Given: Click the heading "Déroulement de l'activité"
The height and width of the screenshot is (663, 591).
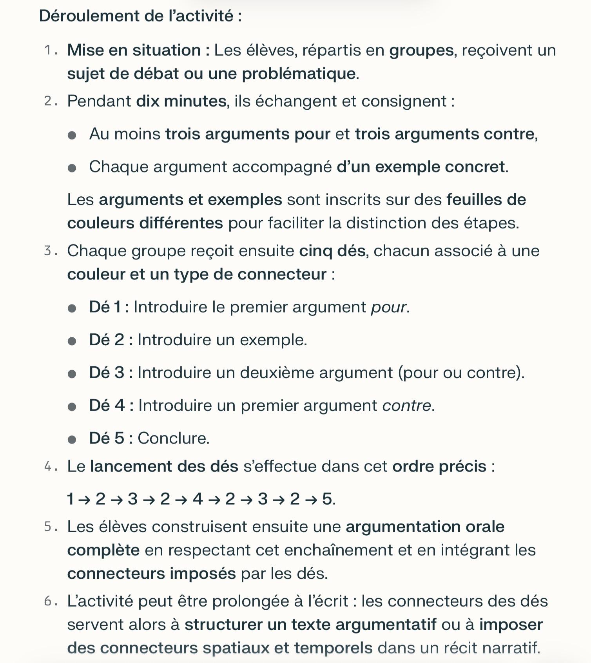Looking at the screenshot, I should pos(140,16).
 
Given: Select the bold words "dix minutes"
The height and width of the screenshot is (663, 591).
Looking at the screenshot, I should pos(181,101).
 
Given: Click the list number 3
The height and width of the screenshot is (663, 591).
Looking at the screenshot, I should pos(48,251).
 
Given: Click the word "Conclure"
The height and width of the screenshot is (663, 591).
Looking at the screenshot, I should pos(173,438).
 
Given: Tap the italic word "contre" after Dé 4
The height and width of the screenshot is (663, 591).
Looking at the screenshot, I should pos(406,405).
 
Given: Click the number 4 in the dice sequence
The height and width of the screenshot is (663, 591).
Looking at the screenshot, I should pos(198,499).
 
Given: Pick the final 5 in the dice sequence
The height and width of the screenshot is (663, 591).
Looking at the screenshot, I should pos(327,499).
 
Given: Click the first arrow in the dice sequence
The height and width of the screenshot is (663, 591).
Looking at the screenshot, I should pos(84,499).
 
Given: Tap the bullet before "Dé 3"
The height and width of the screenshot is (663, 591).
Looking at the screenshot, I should pos(72,374).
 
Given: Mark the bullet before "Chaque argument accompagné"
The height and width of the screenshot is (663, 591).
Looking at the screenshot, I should pos(72,168).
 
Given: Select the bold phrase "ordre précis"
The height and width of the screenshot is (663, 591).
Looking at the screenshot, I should pos(439,466).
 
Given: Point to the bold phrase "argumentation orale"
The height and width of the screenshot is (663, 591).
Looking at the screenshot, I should pos(425,527).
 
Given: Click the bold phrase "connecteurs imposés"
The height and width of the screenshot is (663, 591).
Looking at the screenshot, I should pos(151,574).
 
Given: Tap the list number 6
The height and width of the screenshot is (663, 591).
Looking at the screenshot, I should pos(48,601).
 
